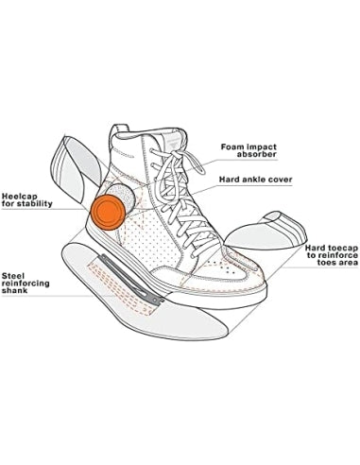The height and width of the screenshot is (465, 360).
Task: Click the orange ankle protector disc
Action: coord(108,213)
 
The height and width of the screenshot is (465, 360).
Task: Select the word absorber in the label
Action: coord(257,155)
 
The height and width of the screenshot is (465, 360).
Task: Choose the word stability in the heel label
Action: coord(35,204)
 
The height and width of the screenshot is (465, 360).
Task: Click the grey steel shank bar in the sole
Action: coord(131,280)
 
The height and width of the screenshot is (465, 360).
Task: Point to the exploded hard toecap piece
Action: coord(266,230)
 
